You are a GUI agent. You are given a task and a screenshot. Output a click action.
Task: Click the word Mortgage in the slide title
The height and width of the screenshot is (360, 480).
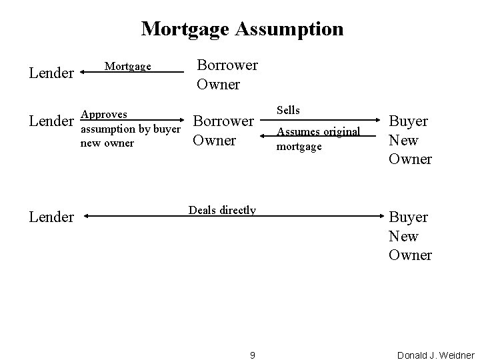click(184, 29)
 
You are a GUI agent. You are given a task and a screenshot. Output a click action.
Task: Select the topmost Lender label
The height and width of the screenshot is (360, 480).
click(51, 73)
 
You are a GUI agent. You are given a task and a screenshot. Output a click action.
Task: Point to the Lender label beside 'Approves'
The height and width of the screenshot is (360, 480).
click(51, 121)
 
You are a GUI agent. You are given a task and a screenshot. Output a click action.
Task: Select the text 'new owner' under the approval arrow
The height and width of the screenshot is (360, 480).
click(107, 143)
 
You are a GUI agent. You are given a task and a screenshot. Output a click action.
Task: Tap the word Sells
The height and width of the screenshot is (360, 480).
click(289, 110)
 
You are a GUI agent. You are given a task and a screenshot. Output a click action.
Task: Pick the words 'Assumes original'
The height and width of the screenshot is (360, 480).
click(318, 131)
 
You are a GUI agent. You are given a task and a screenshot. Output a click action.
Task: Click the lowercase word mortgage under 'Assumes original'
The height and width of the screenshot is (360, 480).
click(299, 145)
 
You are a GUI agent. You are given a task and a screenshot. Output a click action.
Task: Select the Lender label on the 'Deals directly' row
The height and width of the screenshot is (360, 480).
click(51, 217)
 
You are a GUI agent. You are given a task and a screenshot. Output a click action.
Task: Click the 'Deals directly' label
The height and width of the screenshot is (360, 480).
click(222, 210)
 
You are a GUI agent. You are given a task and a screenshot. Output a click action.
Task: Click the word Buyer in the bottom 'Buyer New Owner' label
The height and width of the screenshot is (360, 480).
click(408, 217)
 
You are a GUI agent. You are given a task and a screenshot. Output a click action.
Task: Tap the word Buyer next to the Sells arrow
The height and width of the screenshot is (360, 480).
click(408, 121)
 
